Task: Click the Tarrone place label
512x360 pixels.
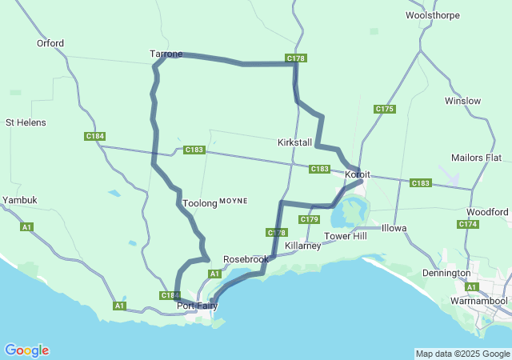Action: coord(166,54)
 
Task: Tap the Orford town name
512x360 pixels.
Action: coord(50,43)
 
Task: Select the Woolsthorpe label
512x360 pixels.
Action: coord(432,15)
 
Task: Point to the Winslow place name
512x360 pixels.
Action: coord(463,101)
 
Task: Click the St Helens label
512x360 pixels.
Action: coord(26,122)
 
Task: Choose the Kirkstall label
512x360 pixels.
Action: coord(294,142)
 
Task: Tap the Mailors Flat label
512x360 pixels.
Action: coord(476,157)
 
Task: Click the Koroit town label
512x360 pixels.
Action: coord(358,174)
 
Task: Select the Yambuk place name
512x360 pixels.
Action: coord(19,199)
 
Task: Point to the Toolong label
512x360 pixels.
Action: coord(200,203)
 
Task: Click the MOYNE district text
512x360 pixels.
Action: coord(234,200)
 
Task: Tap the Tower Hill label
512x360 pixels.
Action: coord(345,236)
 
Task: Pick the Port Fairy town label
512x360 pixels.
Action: coord(197,306)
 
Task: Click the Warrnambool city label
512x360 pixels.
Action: coord(478,301)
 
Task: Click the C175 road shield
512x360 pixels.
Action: coord(385,109)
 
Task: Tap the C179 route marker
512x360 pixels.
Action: coord(310,219)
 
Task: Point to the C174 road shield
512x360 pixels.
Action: coord(468,224)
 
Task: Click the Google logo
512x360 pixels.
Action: coord(26,350)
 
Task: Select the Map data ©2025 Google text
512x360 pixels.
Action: coord(462,354)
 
